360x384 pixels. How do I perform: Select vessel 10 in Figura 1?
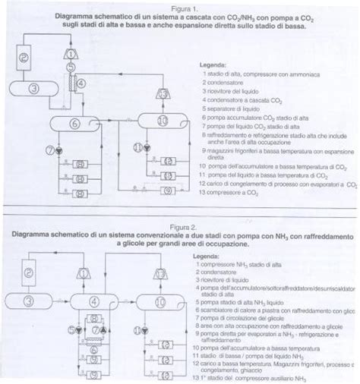tap(162, 121)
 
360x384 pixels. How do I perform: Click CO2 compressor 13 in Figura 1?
tap(163, 93)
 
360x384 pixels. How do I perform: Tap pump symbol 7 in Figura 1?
tap(54, 150)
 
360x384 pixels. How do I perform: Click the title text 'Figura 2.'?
tap(180, 227)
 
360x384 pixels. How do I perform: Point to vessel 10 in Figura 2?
tap(162, 302)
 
